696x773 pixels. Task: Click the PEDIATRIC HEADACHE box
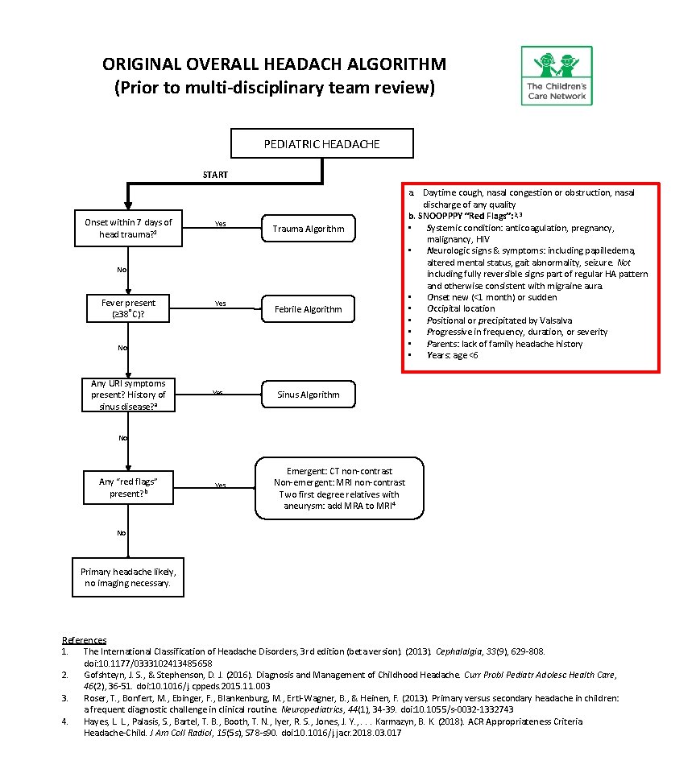[322, 144]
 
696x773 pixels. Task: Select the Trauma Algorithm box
[308, 229]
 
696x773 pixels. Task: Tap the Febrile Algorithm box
[308, 309]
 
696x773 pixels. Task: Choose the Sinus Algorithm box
[308, 395]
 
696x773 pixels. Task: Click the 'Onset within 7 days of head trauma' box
[128, 229]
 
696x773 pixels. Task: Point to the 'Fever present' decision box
[128, 308]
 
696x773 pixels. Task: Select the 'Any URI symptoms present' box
[128, 395]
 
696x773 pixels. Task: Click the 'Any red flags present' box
[128, 487]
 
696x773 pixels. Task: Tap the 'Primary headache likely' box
[128, 577]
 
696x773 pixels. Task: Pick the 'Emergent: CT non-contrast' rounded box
[339, 488]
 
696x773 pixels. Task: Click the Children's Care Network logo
[556, 75]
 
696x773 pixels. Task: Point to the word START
[215, 175]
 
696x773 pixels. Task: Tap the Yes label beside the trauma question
[220, 224]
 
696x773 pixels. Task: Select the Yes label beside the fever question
[220, 304]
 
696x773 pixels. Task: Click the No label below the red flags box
[122, 533]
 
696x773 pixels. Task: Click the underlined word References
[84, 640]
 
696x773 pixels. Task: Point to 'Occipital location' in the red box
[461, 308]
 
